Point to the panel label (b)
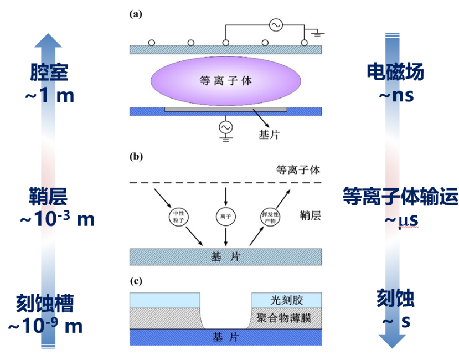(x=136, y=157)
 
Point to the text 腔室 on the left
(x=49, y=73)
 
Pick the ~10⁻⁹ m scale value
(x=45, y=326)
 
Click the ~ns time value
(x=396, y=95)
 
